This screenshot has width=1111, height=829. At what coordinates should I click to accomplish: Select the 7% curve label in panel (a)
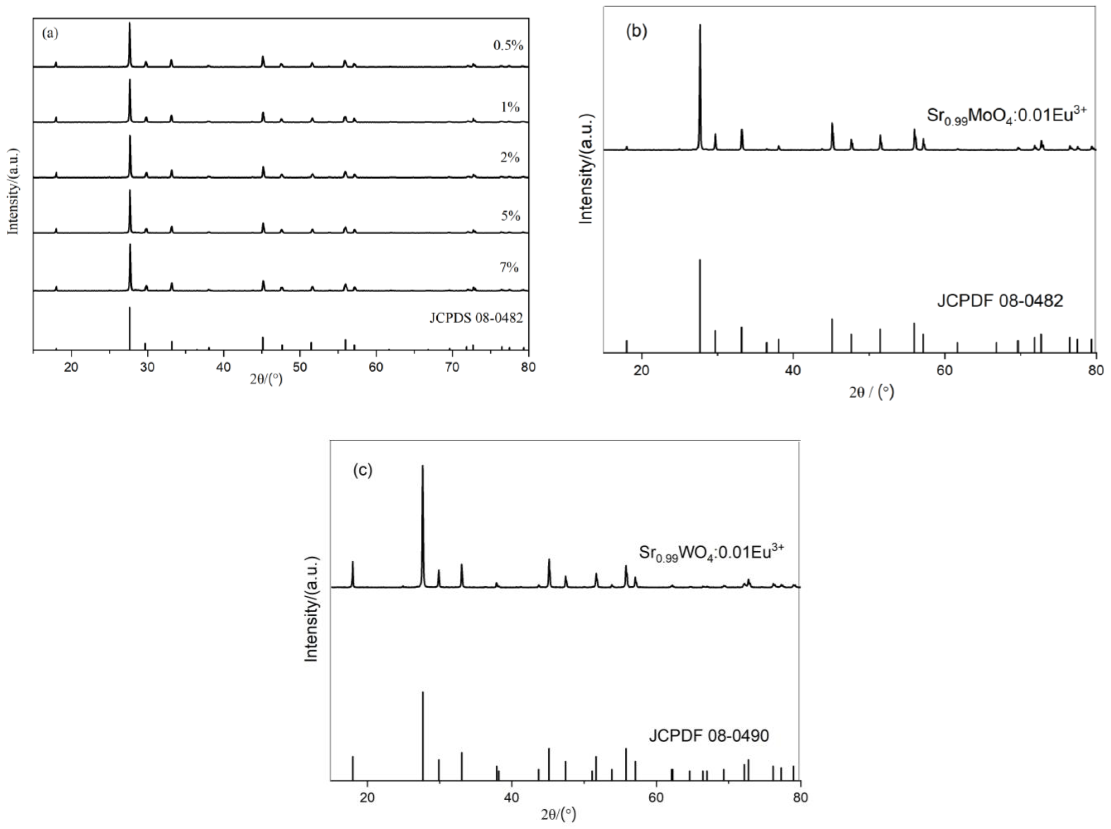[509, 267]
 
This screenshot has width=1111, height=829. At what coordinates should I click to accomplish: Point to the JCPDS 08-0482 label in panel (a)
[476, 318]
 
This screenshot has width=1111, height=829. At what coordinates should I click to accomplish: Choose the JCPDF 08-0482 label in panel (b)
[1000, 301]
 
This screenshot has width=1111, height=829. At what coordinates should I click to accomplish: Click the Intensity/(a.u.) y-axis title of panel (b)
[586, 169]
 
